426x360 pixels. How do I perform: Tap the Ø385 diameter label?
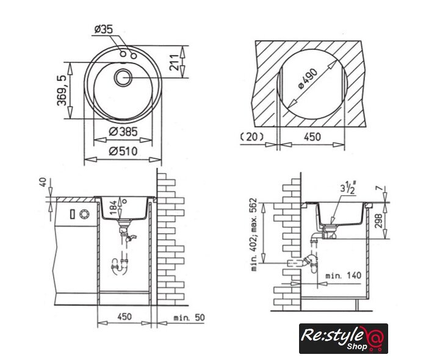pos(123,132)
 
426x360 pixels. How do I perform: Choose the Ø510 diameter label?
pos(123,151)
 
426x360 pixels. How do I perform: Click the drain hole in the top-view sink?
pos(123,76)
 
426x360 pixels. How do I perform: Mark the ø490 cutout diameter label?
pos(308,79)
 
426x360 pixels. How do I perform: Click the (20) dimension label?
pos(253,137)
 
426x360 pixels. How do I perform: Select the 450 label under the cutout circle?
pos(311,137)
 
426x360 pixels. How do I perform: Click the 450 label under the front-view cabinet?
pos(124,317)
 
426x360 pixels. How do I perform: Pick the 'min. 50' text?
pos(189,317)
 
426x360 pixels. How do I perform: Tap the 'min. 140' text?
pos(343,276)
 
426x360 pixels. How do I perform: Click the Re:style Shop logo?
pos(343,338)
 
